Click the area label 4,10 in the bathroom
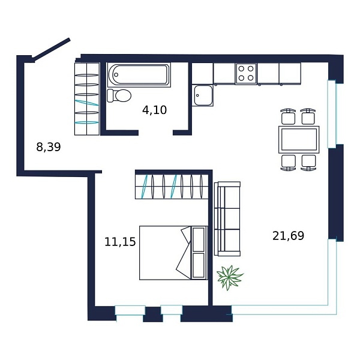tap(154, 110)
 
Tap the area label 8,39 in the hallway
tap(49, 147)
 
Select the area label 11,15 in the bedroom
tap(120, 242)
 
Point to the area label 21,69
tap(288, 236)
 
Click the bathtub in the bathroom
tap(139, 75)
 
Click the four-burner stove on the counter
tap(246, 73)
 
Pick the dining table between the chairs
tap(298, 139)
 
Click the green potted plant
tap(230, 277)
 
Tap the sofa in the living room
tap(227, 219)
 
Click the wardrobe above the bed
tap(172, 186)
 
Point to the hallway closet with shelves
tap(86, 98)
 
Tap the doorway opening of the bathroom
tap(155, 133)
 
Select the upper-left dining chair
tap(288, 116)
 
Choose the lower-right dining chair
tap(308, 162)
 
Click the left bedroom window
tap(130, 310)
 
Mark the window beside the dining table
tap(332, 113)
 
